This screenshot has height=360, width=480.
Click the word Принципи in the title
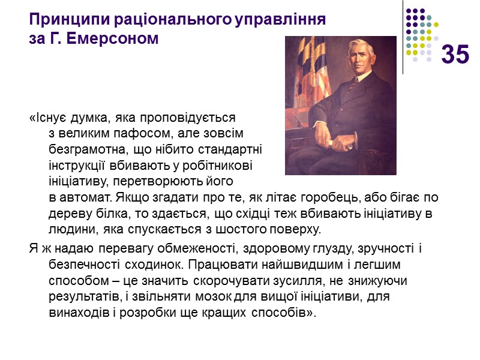point(59,19)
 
